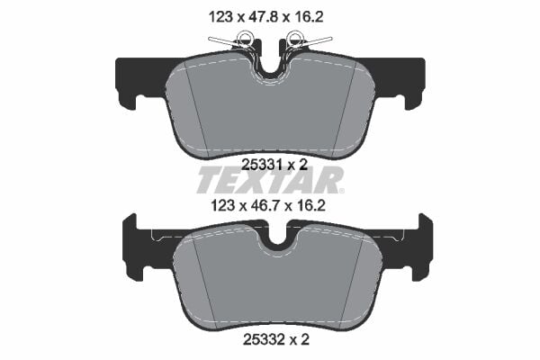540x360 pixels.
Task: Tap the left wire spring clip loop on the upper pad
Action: pos(243,40)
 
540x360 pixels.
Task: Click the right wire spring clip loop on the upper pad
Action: pos(294,40)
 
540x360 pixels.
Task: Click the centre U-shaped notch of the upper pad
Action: pos(269,65)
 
